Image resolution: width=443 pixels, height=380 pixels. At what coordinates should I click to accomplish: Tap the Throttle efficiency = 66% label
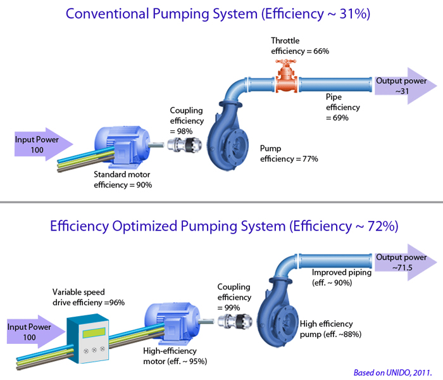click(x=300, y=46)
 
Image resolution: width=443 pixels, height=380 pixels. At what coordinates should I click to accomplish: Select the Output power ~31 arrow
click(x=406, y=85)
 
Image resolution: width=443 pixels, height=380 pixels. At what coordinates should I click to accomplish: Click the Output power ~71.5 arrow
click(x=406, y=262)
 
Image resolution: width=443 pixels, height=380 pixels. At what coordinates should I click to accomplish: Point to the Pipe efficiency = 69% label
click(x=343, y=107)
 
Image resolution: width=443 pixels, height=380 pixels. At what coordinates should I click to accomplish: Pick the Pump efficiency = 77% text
click(x=289, y=153)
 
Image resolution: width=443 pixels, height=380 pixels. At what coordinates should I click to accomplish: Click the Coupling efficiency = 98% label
click(x=187, y=121)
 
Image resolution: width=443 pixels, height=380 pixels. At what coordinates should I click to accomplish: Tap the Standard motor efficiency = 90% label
click(x=123, y=179)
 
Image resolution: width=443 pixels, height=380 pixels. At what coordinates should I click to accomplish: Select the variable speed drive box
click(x=87, y=338)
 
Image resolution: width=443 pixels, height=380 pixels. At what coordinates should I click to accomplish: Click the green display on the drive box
click(x=94, y=332)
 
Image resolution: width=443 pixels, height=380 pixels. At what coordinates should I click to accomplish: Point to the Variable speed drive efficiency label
click(x=89, y=297)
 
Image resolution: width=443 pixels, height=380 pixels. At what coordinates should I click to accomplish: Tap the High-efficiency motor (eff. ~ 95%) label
click(x=175, y=356)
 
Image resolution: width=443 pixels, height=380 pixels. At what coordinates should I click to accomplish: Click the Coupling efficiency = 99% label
click(x=234, y=297)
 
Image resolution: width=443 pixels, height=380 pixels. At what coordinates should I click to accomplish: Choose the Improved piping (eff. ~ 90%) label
click(x=342, y=277)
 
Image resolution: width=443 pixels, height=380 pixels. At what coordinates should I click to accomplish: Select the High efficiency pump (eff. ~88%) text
click(x=330, y=329)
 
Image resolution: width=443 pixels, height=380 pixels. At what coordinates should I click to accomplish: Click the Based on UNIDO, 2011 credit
click(x=393, y=372)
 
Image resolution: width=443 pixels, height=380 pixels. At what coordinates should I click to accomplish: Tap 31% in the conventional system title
click(x=354, y=13)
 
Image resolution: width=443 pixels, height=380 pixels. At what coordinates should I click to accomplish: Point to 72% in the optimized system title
click(x=383, y=225)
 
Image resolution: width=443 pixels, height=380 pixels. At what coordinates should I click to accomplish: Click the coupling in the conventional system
click(x=185, y=144)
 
